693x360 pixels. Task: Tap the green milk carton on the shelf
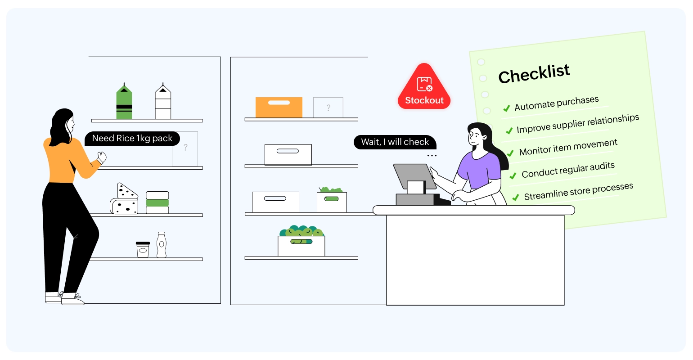tap(124, 103)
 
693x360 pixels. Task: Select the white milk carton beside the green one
tap(163, 103)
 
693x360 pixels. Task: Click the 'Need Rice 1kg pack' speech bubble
tap(132, 139)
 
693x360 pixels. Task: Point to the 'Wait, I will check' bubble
tap(395, 142)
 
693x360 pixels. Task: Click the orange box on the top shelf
tap(279, 108)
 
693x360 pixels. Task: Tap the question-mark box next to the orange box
tap(328, 108)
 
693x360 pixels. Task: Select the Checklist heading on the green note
tap(534, 73)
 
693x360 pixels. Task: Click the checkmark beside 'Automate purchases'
tap(506, 108)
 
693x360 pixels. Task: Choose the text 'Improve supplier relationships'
tap(578, 124)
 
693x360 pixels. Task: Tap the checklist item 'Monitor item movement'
tap(568, 147)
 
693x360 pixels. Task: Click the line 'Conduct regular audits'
tap(568, 170)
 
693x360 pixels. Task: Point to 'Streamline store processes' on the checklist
tap(579, 192)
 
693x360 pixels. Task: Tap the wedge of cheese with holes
tap(126, 192)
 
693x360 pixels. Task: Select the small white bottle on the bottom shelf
tap(162, 245)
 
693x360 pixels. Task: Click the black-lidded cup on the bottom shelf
tap(143, 249)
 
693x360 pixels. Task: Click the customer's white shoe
tap(72, 299)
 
